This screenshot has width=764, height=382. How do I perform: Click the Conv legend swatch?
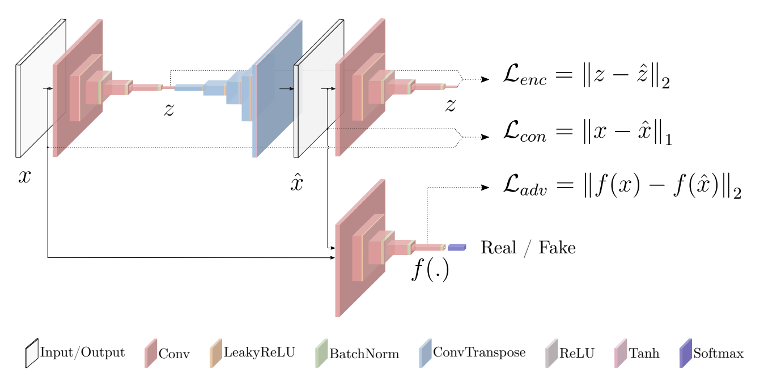pyautogui.click(x=151, y=353)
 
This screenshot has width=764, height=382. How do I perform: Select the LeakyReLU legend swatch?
pyautogui.click(x=216, y=353)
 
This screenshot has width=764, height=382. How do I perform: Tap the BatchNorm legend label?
pyautogui.click(x=364, y=354)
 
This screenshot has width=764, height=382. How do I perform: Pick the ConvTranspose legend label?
pyautogui.click(x=479, y=353)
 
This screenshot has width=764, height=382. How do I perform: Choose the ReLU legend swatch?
pyautogui.click(x=551, y=353)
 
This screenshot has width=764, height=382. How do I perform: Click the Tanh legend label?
pyautogui.click(x=644, y=353)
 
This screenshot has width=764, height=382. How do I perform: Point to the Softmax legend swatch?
pyautogui.click(x=686, y=353)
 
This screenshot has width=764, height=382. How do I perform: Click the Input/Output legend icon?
pyautogui.click(x=32, y=353)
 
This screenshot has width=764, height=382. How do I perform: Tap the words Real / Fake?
pyautogui.click(x=528, y=248)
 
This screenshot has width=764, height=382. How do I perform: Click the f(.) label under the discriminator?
pyautogui.click(x=430, y=269)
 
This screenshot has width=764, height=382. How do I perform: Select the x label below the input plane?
pyautogui.click(x=24, y=177)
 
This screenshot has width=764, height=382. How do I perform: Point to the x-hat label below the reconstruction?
pyautogui.click(x=297, y=182)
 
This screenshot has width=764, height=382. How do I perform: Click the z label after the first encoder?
pyautogui.click(x=169, y=110)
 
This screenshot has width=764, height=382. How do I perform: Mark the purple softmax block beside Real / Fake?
pyautogui.click(x=457, y=247)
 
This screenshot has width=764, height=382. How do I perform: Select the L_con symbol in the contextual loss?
pyautogui.click(x=525, y=131)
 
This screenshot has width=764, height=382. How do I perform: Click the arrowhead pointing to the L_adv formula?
pyautogui.click(x=485, y=188)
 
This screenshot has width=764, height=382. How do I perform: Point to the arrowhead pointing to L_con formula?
pyautogui.click(x=485, y=137)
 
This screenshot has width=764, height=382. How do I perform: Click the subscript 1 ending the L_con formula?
pyautogui.click(x=669, y=140)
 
